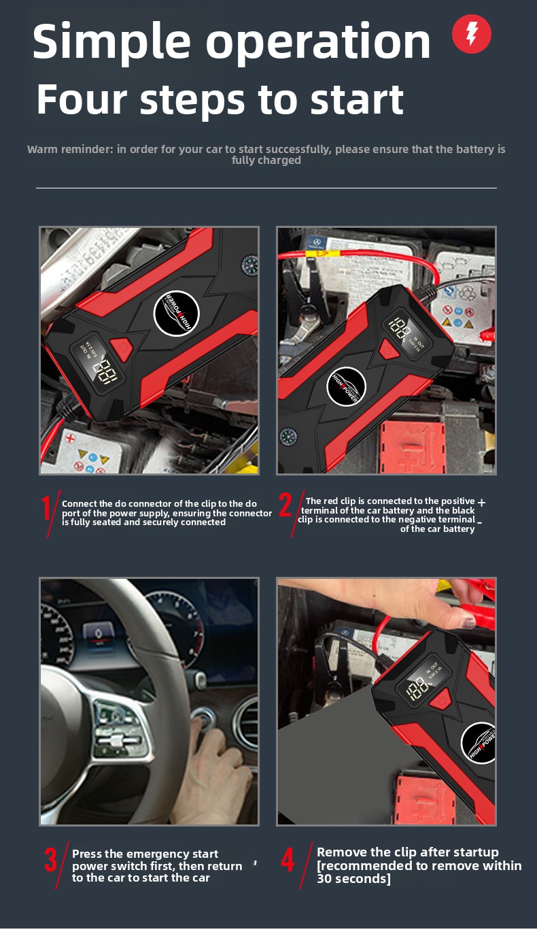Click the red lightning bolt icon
[472, 34]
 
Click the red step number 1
[47, 508]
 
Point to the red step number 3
[50, 860]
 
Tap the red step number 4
[288, 860]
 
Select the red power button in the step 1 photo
[122, 348]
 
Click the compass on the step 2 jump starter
[288, 437]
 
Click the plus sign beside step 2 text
[481, 502]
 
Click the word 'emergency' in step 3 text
[158, 854]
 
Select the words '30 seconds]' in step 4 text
[354, 879]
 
